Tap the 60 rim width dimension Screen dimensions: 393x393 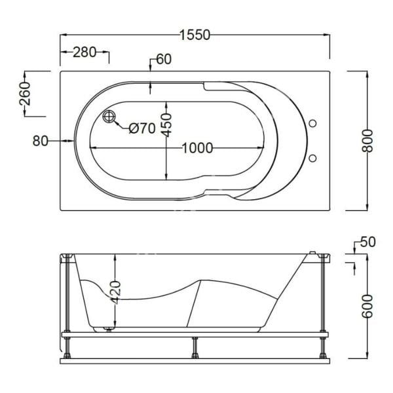click(x=164, y=60)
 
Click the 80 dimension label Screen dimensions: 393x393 click(x=40, y=140)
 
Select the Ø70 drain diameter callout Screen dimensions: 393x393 click(x=141, y=128)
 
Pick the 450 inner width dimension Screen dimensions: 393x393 click(x=167, y=124)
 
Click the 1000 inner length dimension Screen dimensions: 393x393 click(x=197, y=148)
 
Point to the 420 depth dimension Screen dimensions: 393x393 click(x=115, y=290)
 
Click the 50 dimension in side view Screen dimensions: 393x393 click(x=368, y=242)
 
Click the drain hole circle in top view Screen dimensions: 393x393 click(x=109, y=117)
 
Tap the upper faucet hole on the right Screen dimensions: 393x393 click(x=312, y=123)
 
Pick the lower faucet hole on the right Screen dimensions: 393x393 click(x=312, y=157)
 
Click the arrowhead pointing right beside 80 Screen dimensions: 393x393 click(x=71, y=140)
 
